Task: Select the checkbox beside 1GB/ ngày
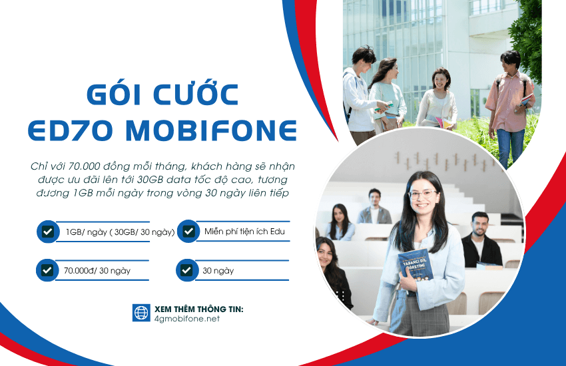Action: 48,232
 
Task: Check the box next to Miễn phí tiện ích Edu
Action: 188,231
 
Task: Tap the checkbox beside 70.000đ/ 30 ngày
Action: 48,270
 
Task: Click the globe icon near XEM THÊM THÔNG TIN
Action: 141,313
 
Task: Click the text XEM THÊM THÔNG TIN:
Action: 198,309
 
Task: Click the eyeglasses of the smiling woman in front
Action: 423,194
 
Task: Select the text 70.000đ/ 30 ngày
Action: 97,271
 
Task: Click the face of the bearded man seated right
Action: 479,224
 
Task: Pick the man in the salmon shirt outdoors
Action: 510,100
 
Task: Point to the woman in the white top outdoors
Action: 437,96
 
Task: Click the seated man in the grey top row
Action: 374,207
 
